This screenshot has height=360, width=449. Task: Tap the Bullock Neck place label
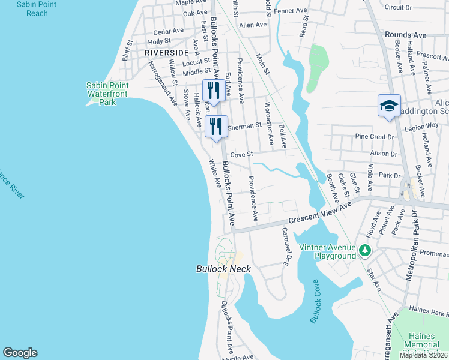223,269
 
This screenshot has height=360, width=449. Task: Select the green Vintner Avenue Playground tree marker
364,249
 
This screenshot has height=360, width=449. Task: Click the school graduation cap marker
389,106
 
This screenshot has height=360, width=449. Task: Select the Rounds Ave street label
406,35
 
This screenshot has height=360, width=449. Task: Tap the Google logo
20,353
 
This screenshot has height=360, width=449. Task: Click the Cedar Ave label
169,31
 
